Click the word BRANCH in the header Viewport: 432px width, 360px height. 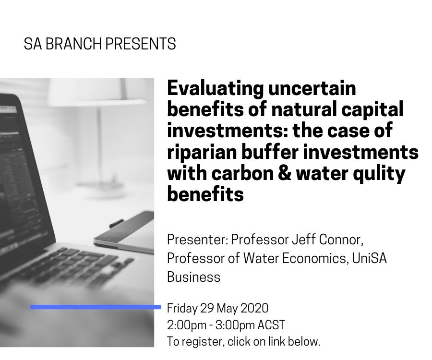point(73,44)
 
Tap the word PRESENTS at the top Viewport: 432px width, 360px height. point(141,44)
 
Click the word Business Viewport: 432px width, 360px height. point(194,277)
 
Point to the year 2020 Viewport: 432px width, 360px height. point(254,308)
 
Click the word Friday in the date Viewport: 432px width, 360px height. point(182,308)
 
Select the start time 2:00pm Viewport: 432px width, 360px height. point(187,325)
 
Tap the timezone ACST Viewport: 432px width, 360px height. point(271,325)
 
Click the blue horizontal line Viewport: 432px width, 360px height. point(96,307)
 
